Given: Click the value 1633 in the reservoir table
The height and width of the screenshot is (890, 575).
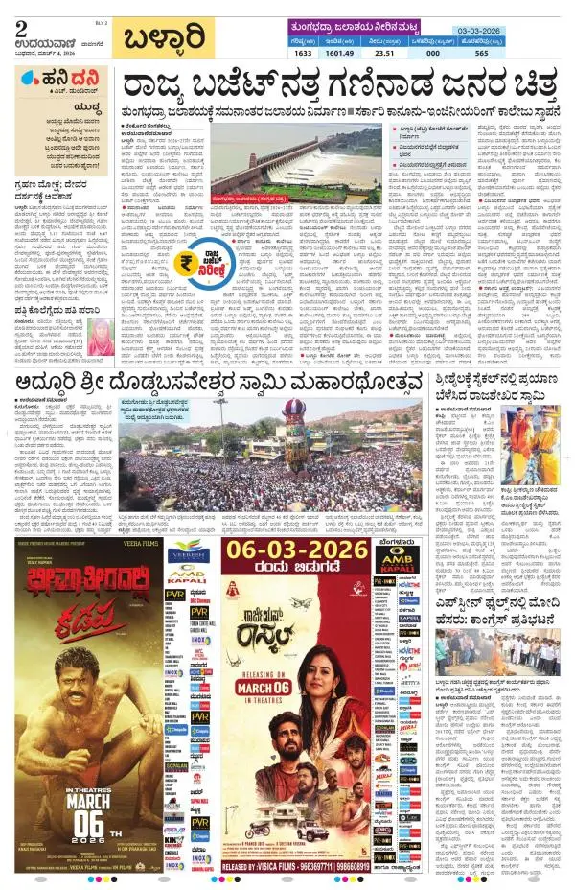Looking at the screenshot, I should pos(304,55).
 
